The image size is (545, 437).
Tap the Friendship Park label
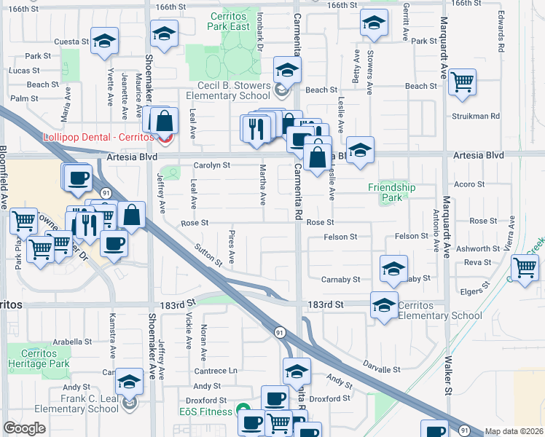391,192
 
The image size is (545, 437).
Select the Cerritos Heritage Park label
38,358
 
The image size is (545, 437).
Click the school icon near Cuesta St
104,42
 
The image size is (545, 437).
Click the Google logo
25,428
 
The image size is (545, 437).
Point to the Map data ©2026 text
514,431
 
